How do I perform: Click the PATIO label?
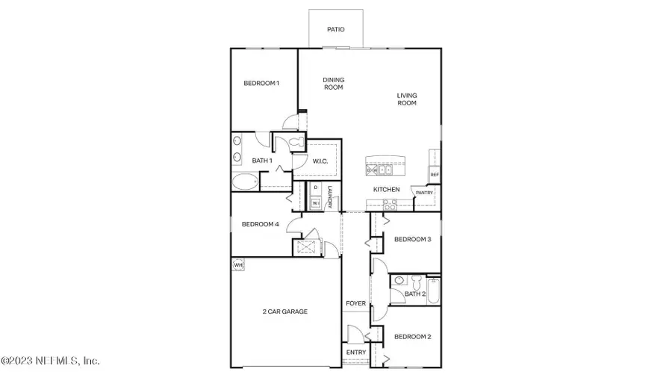[336, 31]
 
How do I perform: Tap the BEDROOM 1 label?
[261, 83]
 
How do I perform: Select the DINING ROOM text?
[333, 84]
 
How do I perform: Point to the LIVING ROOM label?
[406, 99]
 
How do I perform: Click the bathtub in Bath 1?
[244, 181]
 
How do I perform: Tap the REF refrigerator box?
[434, 175]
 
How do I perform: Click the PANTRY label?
[424, 193]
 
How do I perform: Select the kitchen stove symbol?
[391, 204]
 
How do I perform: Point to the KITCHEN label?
[387, 190]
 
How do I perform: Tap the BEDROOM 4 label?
[260, 224]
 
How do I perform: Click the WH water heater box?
[239, 264]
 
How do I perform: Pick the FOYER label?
[355, 304]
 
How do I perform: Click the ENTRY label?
[355, 353]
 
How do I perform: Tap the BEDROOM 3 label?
[412, 239]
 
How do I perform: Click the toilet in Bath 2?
[399, 282]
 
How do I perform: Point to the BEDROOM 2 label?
[412, 337]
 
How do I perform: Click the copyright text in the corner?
[50, 361]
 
